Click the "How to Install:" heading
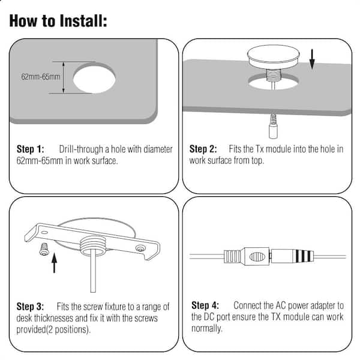click(x=58, y=21)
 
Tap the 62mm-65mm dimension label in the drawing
click(x=41, y=77)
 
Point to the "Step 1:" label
click(x=31, y=149)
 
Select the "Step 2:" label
click(x=203, y=149)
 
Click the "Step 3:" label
click(x=30, y=307)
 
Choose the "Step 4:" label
click(x=205, y=305)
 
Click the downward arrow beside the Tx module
click(x=312, y=59)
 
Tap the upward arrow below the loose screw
click(x=54, y=263)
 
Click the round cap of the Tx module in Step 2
click(x=273, y=56)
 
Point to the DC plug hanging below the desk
click(x=273, y=126)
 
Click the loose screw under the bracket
click(x=44, y=250)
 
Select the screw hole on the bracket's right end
click(x=140, y=248)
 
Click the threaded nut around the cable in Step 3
click(x=93, y=245)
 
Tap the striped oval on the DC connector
click(x=257, y=257)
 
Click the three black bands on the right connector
click(x=303, y=256)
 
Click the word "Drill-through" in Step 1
click(x=81, y=149)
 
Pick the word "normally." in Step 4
click(x=207, y=328)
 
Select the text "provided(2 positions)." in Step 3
click(x=53, y=329)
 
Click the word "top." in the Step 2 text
click(x=257, y=160)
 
